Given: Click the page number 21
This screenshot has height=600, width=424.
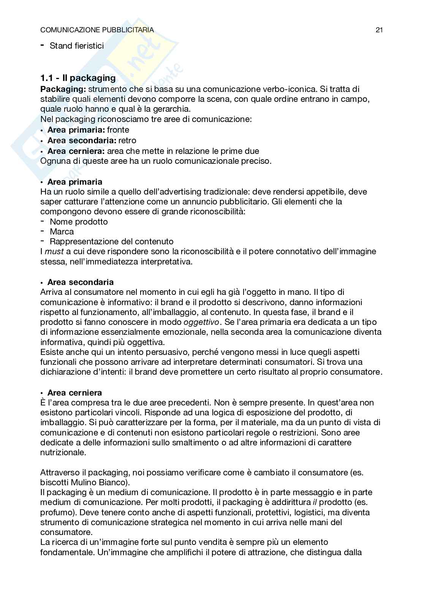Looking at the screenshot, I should pyautogui.click(x=379, y=30).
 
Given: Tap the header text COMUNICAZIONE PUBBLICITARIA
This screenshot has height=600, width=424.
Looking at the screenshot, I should pyautogui.click(x=97, y=30).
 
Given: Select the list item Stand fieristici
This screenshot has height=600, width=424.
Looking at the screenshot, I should pyautogui.click(x=77, y=46).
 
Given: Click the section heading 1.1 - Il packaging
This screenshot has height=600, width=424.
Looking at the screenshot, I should pyautogui.click(x=78, y=78).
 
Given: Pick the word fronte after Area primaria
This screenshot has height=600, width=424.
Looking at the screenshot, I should pyautogui.click(x=118, y=130).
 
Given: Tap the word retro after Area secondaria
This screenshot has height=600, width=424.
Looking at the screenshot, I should pyautogui.click(x=127, y=140).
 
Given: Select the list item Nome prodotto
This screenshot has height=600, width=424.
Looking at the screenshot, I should pyautogui.click(x=79, y=222).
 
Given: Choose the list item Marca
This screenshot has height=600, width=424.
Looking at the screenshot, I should pyautogui.click(x=62, y=231).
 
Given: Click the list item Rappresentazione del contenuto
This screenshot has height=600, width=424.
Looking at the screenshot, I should pyautogui.click(x=112, y=241).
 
